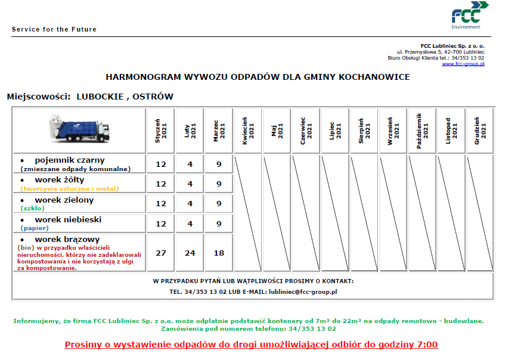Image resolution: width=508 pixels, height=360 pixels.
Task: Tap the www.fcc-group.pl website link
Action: [463, 64]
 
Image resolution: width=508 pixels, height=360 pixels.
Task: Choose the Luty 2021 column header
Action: [190, 129]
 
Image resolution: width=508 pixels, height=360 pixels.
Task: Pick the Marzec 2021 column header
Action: [219, 129]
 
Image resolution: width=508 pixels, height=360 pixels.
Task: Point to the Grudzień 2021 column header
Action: [480, 129]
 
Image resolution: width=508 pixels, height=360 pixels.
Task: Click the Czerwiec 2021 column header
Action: [306, 129]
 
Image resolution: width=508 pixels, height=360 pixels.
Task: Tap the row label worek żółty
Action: [60, 179]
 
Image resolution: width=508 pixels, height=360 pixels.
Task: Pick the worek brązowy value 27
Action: [161, 253]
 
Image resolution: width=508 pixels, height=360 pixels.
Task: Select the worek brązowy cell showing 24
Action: [190, 253]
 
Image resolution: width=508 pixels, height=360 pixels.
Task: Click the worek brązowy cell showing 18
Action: [219, 253]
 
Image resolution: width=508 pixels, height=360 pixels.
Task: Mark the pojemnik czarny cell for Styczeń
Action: [161, 164]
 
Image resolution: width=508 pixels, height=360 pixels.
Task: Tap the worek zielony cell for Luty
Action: [190, 203]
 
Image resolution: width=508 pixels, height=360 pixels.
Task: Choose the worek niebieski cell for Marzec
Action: [219, 224]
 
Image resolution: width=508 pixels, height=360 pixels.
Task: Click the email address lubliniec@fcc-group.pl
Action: [303, 292]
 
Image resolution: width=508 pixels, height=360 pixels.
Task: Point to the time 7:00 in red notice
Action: [426, 345]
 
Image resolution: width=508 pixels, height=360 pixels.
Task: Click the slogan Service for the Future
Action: [54, 29]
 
